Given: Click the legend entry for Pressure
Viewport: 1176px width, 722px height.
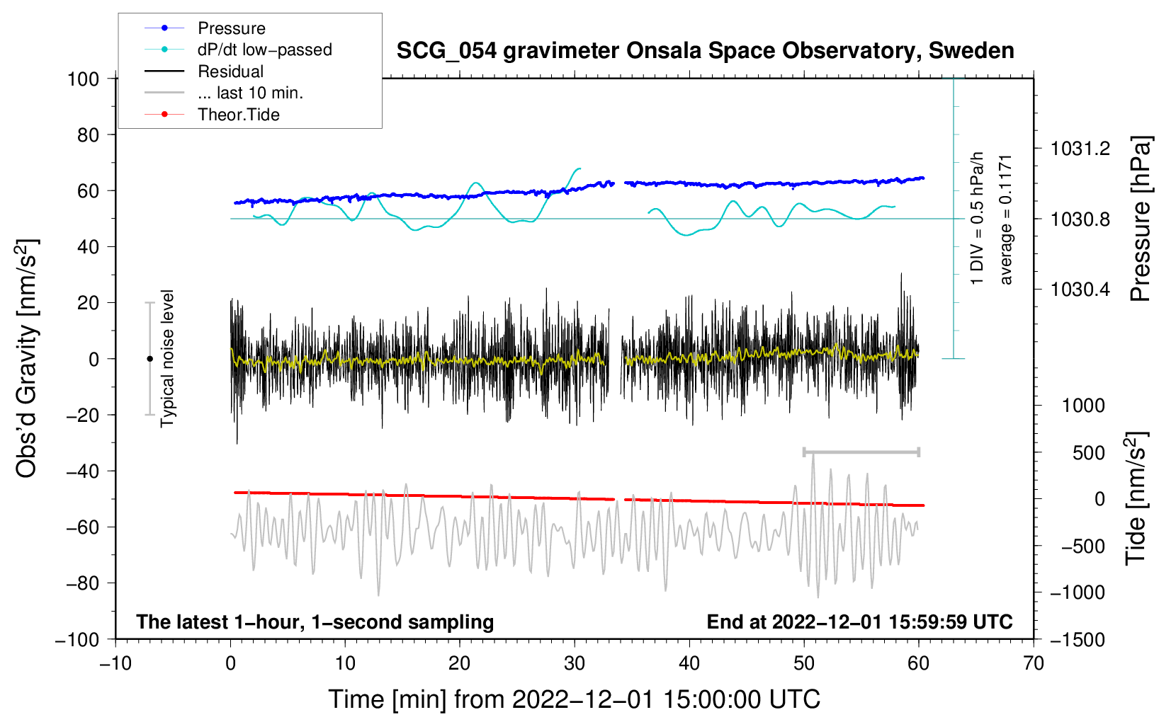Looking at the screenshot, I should [231, 28].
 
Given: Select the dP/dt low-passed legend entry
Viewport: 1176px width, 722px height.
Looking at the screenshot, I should [264, 50].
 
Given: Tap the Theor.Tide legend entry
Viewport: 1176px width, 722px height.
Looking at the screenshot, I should [238, 115].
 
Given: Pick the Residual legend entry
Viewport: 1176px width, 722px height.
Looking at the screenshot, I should [230, 71].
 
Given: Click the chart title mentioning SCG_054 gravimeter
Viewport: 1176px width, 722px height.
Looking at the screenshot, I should [705, 51].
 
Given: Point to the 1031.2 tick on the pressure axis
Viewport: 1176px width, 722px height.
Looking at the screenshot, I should [1080, 149].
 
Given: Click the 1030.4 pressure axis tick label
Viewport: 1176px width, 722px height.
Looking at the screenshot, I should [1080, 289].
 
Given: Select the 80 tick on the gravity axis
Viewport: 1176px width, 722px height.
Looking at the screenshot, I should [88, 134].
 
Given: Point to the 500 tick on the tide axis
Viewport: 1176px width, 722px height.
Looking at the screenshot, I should [1088, 452].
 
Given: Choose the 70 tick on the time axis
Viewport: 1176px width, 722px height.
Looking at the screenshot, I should [1034, 663].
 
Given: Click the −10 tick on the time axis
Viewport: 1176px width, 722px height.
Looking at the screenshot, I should [115, 663].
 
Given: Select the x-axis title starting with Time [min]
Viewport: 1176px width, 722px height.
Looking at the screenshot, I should [574, 699].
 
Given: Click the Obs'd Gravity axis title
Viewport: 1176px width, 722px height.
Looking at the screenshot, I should [26, 358].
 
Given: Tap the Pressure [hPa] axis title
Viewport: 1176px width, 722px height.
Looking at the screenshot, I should [1140, 219].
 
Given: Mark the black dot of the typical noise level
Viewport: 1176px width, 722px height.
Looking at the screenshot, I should [149, 359].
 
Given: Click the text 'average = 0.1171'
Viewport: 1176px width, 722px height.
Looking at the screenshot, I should [1006, 219].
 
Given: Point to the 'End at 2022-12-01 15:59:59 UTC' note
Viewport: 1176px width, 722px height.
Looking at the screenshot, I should [859, 621].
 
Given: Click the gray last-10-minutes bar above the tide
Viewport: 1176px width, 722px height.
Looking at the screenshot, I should [861, 452].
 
